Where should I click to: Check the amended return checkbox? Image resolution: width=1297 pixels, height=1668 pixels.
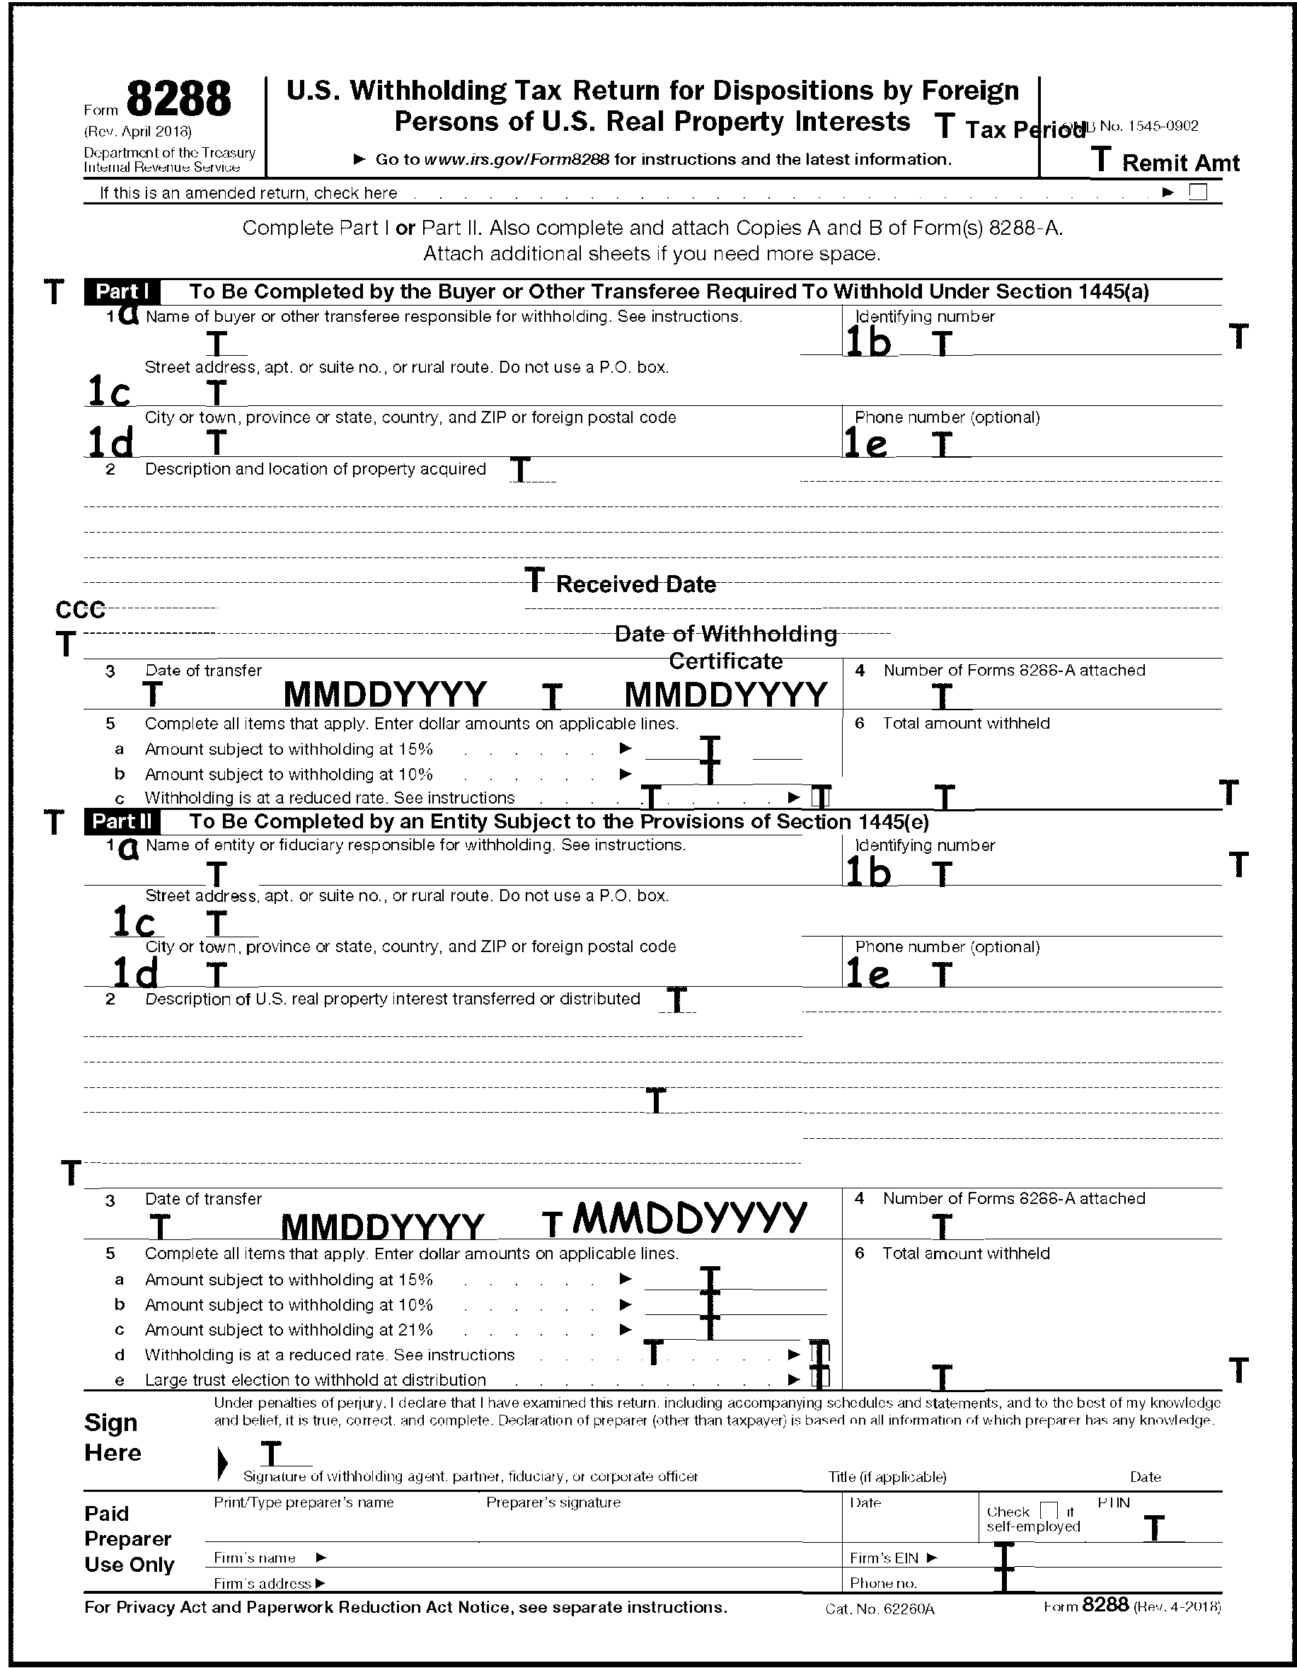click(1199, 192)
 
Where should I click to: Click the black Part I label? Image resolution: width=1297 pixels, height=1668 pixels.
click(122, 291)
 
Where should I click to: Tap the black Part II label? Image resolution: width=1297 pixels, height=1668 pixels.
click(122, 822)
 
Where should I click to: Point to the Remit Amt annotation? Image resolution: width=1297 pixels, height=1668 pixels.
click(1180, 163)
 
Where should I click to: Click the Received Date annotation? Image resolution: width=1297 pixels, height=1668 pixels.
click(635, 584)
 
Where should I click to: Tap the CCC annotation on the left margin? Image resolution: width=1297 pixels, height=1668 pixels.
click(79, 610)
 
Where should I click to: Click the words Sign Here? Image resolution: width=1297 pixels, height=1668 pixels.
click(113, 1437)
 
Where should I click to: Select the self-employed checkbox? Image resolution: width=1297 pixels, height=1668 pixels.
click(1049, 1511)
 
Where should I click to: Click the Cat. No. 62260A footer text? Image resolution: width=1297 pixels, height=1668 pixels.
click(880, 1609)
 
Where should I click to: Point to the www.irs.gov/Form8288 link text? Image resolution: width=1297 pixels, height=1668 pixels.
click(517, 160)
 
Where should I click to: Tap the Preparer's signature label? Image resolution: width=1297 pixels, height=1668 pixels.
click(553, 1502)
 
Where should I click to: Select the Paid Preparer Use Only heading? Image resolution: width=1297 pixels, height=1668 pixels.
click(128, 1539)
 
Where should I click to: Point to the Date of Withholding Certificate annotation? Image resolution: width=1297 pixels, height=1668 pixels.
click(726, 647)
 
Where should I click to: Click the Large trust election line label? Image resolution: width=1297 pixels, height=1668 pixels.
click(316, 1380)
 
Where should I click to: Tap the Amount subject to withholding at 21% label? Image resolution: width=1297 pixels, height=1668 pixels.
click(289, 1330)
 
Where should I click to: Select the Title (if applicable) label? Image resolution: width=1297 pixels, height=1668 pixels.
click(887, 1476)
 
